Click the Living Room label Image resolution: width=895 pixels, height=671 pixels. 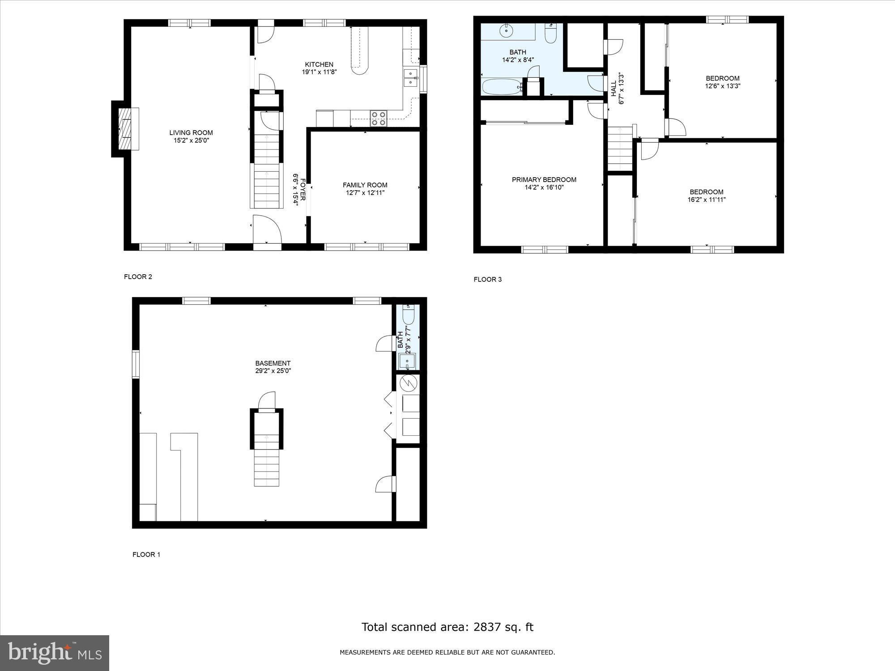[x=191, y=132]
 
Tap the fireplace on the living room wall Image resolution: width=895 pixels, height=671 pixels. [x=125, y=129]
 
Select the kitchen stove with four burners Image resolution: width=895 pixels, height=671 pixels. [x=379, y=118]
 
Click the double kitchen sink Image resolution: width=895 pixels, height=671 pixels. [x=410, y=78]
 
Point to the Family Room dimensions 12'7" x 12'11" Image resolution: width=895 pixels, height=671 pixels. [x=365, y=193]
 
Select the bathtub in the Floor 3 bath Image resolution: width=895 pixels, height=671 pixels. [x=501, y=86]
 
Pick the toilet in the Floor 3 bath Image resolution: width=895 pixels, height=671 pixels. [x=550, y=34]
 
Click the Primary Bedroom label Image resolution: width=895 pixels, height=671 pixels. [x=544, y=179]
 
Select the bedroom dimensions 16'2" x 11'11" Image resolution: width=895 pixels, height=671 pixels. [x=707, y=200]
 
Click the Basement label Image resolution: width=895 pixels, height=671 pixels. [x=273, y=363]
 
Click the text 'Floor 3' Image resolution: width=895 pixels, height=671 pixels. [x=488, y=280]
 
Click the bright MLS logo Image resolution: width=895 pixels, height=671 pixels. [x=55, y=653]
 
